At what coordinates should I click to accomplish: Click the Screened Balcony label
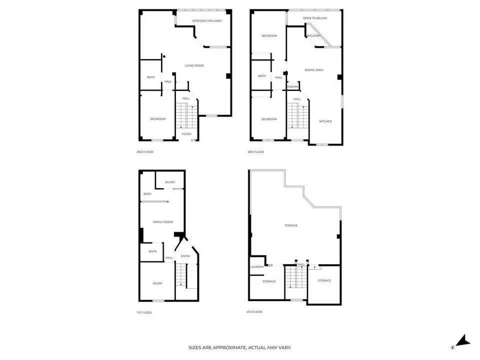point(207,21)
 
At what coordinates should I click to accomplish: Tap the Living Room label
point(194,65)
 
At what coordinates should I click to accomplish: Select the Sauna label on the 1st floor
point(169,182)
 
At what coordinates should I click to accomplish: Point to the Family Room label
point(163,222)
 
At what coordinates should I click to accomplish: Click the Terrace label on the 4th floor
point(291,225)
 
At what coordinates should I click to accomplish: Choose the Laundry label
point(257,267)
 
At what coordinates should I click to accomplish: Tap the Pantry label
point(292,87)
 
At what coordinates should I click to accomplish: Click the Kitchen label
point(325,121)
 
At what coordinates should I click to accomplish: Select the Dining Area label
point(314,70)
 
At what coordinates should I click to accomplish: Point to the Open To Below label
point(315,18)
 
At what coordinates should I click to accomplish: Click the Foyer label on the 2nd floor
point(186,134)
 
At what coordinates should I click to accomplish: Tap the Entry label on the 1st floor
point(185,256)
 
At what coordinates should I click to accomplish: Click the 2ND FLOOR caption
point(145,152)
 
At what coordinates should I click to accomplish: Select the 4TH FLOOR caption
point(254,311)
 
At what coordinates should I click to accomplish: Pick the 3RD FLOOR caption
point(255,152)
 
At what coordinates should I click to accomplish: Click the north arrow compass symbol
point(461,341)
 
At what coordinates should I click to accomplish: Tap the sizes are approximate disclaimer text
point(239,347)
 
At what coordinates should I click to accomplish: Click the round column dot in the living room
point(164,56)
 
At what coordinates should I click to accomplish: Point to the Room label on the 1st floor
point(157,283)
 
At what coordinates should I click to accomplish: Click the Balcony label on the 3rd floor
point(314,36)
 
